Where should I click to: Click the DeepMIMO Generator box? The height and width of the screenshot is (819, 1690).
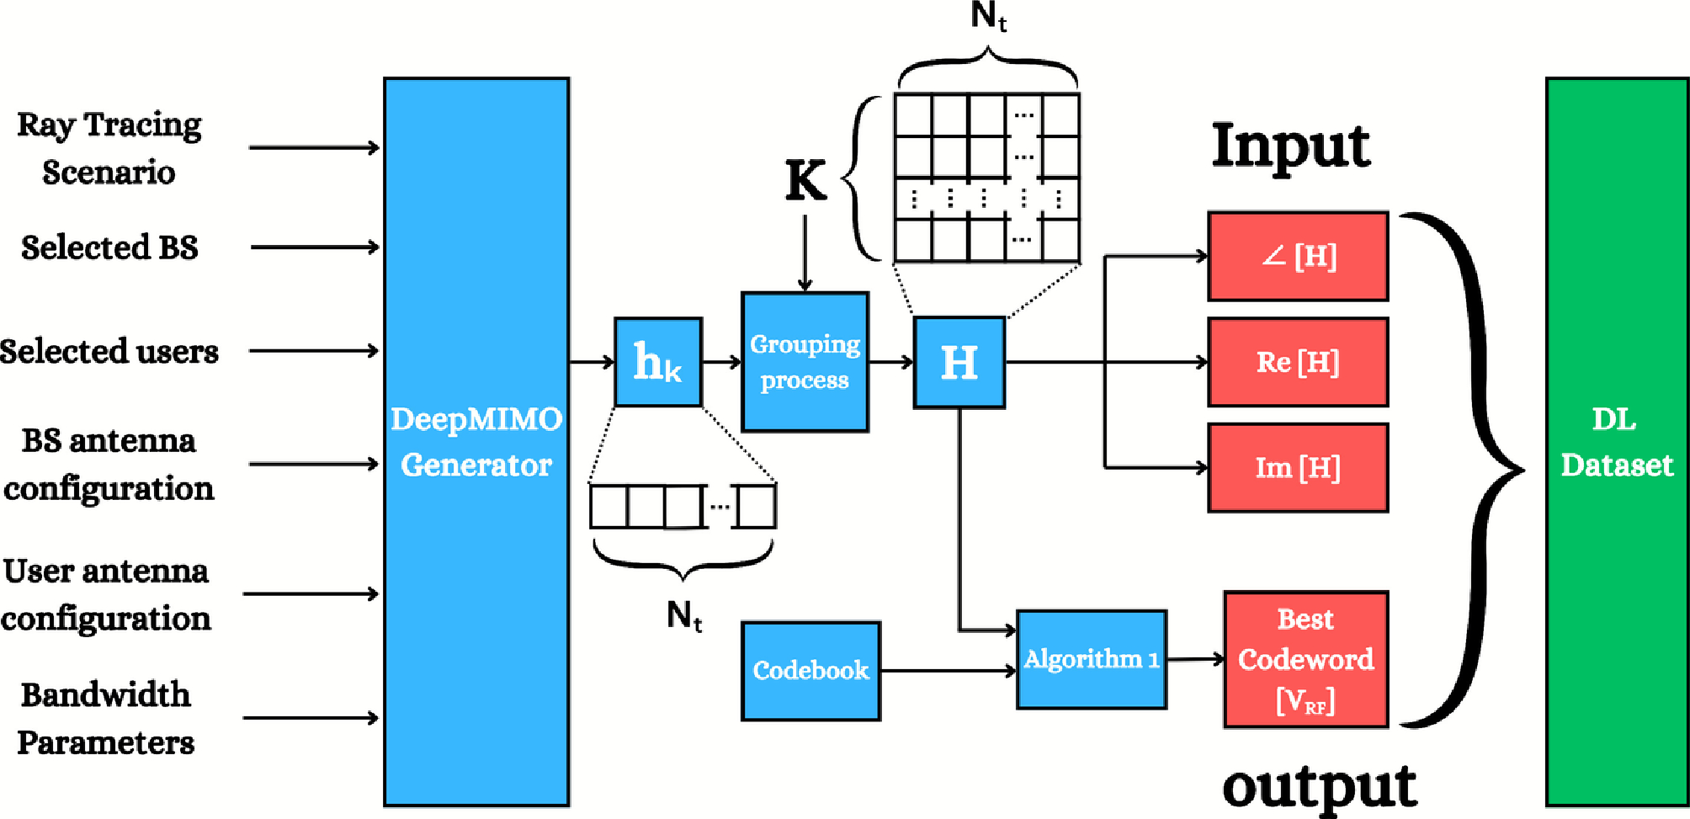tap(476, 442)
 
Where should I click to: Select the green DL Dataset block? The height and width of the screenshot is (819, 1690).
tap(1616, 442)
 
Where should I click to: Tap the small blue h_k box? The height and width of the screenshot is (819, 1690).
tap(657, 362)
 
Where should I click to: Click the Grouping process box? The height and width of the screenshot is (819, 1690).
tap(805, 362)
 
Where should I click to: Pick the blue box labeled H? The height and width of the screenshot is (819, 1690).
tap(959, 363)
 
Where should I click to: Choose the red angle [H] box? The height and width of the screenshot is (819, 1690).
tap(1297, 256)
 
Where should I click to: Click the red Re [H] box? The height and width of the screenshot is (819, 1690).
tap(1297, 362)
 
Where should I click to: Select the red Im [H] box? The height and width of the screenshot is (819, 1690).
tap(1297, 467)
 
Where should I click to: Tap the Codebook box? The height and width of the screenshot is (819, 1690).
tap(810, 671)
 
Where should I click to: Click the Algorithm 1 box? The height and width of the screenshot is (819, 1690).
tap(1091, 659)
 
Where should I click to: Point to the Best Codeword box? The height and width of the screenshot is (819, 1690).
tap(1305, 659)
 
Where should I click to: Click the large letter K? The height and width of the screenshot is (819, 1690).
tap(805, 180)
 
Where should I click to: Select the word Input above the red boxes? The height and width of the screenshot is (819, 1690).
tap(1290, 146)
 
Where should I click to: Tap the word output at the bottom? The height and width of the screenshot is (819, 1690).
tap(1319, 787)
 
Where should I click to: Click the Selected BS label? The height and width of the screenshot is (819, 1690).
tap(109, 247)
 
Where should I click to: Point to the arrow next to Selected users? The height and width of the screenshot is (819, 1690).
tap(313, 350)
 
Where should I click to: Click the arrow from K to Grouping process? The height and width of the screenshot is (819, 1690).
tap(805, 253)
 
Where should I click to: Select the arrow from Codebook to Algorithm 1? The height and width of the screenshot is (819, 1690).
tap(948, 671)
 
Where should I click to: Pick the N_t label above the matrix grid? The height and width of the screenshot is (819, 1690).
tap(988, 16)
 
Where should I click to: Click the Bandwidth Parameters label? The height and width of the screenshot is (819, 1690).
tap(106, 718)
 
